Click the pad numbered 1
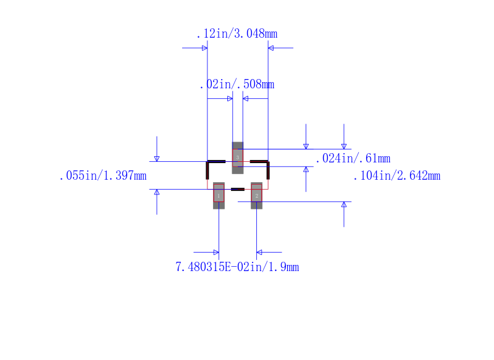[x=219, y=195]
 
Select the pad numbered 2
[x=256, y=195]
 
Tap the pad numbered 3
[x=238, y=158]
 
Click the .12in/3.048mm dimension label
[x=237, y=34]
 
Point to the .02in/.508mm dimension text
[x=237, y=85]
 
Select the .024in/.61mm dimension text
[x=353, y=159]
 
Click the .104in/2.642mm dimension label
[x=396, y=176]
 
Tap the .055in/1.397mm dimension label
[x=103, y=176]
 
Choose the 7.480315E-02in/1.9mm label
[x=237, y=267]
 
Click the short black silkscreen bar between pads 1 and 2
[x=238, y=189]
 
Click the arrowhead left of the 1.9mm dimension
[x=216, y=252]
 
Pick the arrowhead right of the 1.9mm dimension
[x=259, y=252]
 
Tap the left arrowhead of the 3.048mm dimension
[x=204, y=48]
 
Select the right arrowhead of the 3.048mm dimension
[x=271, y=48]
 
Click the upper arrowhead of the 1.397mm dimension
[x=157, y=159]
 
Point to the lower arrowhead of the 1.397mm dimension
[x=157, y=192]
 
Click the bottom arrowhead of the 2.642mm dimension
[x=344, y=204]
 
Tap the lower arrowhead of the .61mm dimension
[x=306, y=170]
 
